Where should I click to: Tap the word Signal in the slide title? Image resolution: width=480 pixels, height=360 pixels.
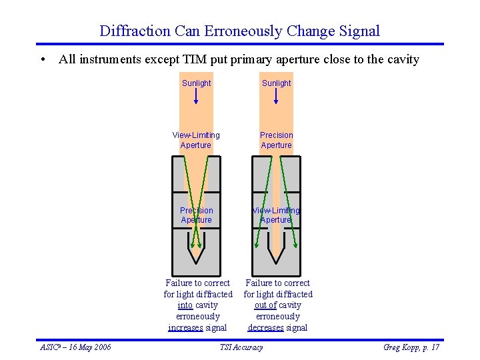359,31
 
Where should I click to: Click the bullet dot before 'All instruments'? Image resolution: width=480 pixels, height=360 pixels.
42,59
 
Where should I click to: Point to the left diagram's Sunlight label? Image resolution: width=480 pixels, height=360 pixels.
196,83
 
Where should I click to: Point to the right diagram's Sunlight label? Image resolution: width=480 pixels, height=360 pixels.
276,83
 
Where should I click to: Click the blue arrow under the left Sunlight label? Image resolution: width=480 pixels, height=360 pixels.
196,97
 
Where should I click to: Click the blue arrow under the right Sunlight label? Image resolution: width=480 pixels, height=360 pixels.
276,97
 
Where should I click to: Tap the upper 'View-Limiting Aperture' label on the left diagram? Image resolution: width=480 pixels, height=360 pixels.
196,140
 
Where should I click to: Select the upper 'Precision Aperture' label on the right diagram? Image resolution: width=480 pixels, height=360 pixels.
276,140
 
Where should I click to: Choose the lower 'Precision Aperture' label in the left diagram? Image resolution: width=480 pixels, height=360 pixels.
196,215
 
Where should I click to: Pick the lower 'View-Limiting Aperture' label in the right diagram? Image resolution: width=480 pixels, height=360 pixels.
276,215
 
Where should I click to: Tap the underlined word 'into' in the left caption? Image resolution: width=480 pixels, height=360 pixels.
185,305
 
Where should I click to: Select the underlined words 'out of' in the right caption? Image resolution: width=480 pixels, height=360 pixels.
265,305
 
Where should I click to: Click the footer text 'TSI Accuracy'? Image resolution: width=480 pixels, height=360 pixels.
241,347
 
